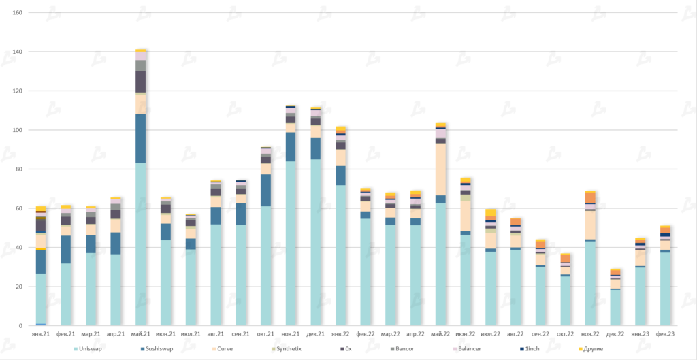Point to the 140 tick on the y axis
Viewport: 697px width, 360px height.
click(18, 52)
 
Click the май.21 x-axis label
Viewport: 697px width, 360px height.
click(141, 334)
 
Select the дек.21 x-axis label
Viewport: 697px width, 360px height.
click(316, 334)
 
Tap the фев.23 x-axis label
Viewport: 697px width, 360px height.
click(665, 334)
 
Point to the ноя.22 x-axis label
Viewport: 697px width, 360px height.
click(590, 334)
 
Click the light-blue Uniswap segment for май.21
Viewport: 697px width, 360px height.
click(141, 245)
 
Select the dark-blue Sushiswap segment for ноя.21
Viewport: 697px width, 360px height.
click(291, 147)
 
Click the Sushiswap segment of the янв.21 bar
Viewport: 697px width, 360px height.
click(42, 262)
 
